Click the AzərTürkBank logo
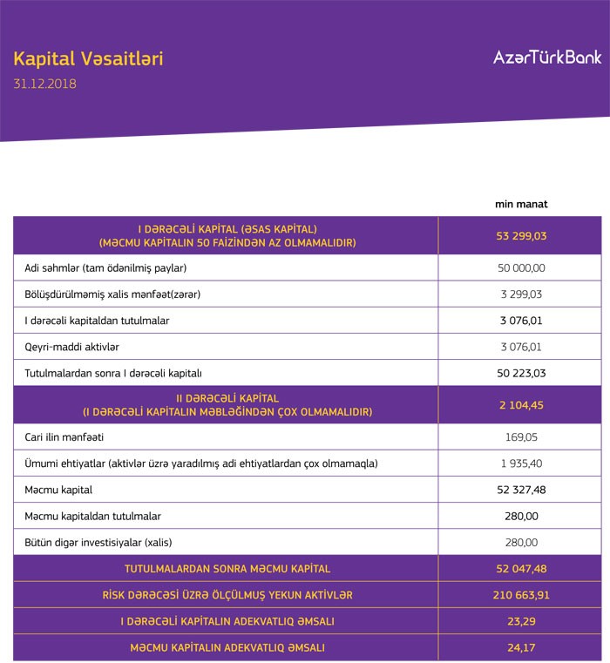(x=546, y=58)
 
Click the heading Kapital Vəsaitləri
(x=88, y=59)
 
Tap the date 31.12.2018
(x=44, y=85)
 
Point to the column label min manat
(x=520, y=205)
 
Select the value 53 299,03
(x=520, y=235)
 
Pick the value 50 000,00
(x=520, y=267)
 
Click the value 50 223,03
(x=520, y=373)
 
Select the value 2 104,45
(x=520, y=405)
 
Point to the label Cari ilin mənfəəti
(x=64, y=436)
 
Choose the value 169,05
(x=520, y=436)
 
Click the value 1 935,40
(x=520, y=463)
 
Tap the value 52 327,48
(x=520, y=490)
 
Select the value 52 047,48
(x=520, y=569)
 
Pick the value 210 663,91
(x=520, y=595)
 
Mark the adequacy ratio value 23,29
(x=520, y=621)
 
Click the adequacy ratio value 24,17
(x=520, y=647)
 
